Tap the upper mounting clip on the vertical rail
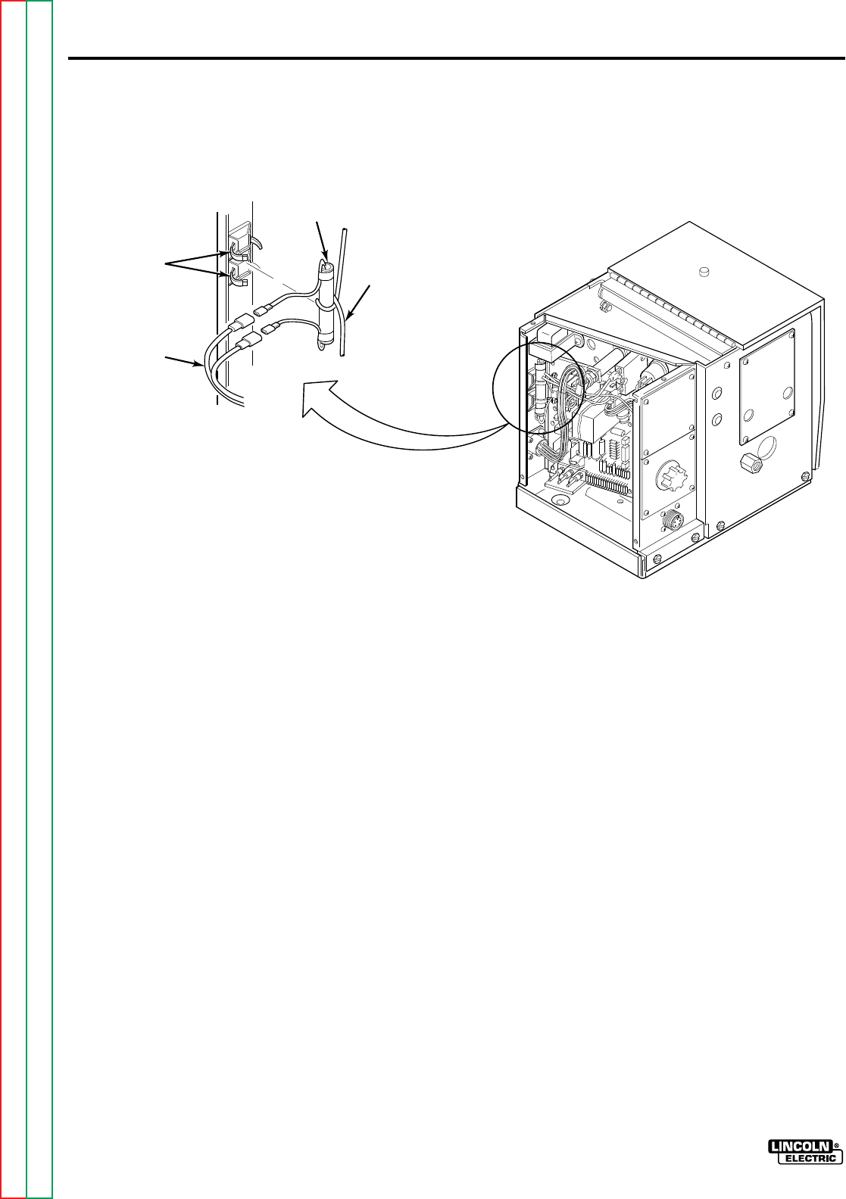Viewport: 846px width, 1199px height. (x=236, y=242)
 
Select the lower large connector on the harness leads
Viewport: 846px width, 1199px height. (x=245, y=347)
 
